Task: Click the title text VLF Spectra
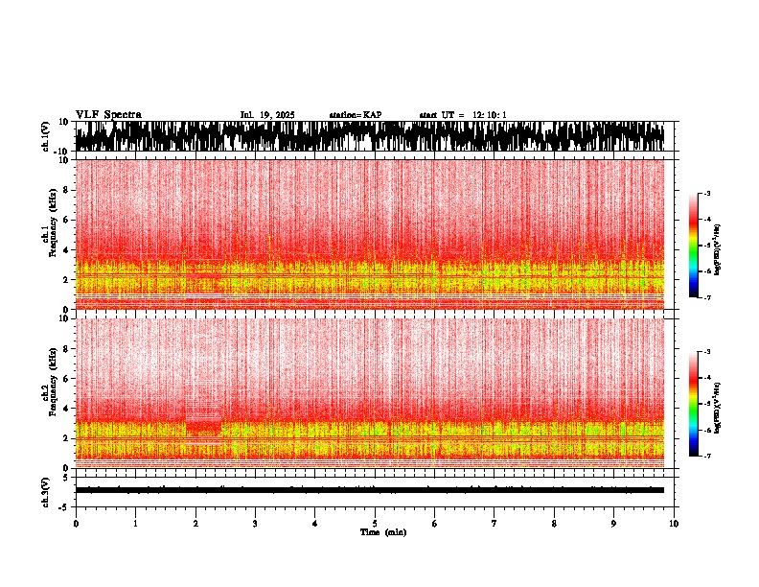pyautogui.click(x=108, y=115)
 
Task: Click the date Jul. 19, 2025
pyautogui.click(x=267, y=115)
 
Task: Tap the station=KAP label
pyautogui.click(x=356, y=115)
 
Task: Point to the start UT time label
pyautogui.click(x=463, y=115)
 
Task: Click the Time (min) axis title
pyautogui.click(x=382, y=531)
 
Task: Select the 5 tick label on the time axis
pyautogui.click(x=375, y=523)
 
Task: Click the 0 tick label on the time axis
pyautogui.click(x=76, y=523)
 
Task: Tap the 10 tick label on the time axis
pyautogui.click(x=674, y=523)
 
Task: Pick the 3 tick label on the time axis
pyautogui.click(x=255, y=523)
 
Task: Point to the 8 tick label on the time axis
pyautogui.click(x=554, y=523)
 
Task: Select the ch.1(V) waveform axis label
pyautogui.click(x=45, y=137)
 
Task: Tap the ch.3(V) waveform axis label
pyautogui.click(x=45, y=490)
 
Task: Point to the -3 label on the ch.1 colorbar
pyautogui.click(x=707, y=194)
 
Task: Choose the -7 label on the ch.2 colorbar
pyautogui.click(x=707, y=457)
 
